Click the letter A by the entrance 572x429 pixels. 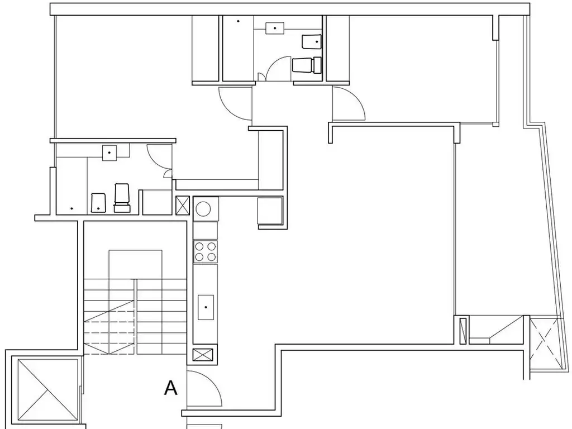[x=171, y=388]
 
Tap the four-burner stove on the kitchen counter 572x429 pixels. [x=206, y=252]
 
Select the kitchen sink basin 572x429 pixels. [x=206, y=307]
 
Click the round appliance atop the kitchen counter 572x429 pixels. [x=203, y=209]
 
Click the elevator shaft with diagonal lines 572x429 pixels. [x=48, y=390]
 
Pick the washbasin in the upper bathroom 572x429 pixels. [x=275, y=28]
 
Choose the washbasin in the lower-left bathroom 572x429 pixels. [x=109, y=153]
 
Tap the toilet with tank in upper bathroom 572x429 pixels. [x=307, y=65]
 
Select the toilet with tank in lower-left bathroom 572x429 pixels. [x=122, y=198]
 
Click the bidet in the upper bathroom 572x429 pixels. [x=311, y=41]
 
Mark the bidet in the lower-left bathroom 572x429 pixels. [x=98, y=203]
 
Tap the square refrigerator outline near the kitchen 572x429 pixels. [x=270, y=211]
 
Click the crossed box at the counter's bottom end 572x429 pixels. [x=202, y=355]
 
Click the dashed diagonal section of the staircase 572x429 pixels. [x=109, y=327]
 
